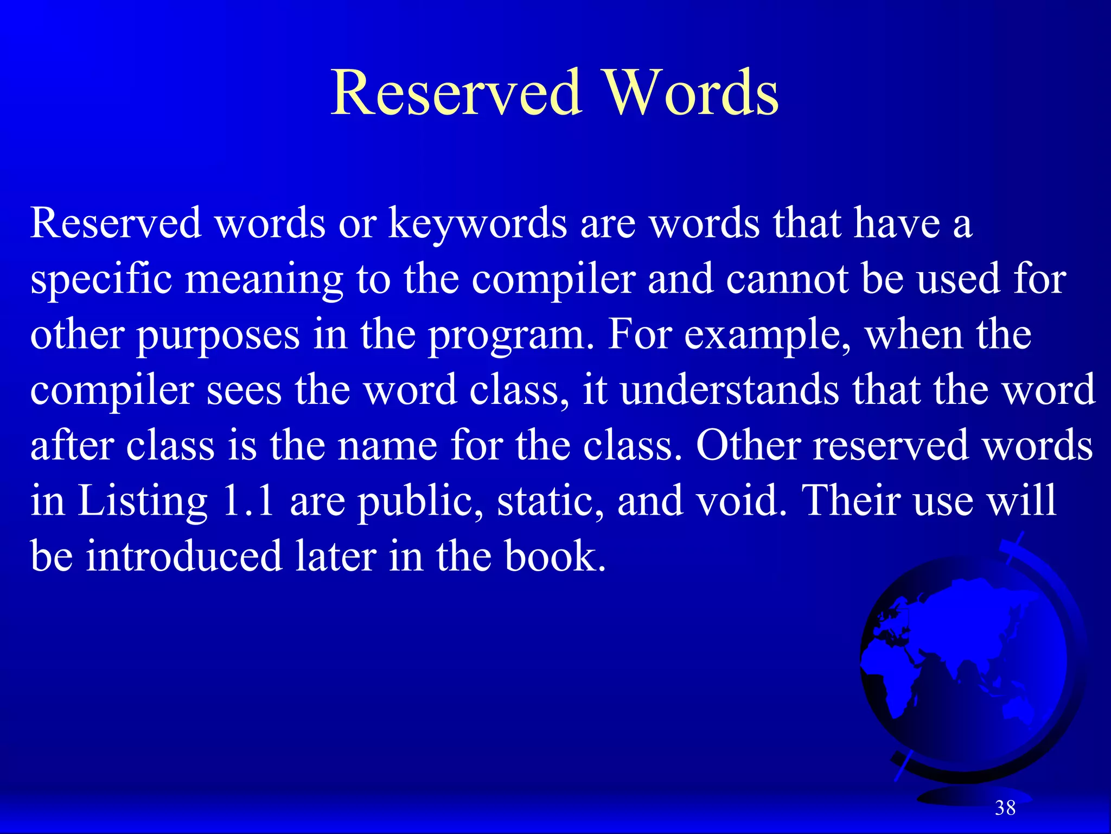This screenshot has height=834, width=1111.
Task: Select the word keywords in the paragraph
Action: [x=477, y=224]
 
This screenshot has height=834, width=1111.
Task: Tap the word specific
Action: [x=101, y=280]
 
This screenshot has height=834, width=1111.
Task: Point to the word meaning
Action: [x=265, y=280]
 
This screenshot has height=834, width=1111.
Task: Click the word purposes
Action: [x=218, y=336]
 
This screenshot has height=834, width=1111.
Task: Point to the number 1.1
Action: [x=248, y=501]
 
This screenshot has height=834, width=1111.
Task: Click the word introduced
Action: [x=184, y=556]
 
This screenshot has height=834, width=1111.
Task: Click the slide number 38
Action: [x=1005, y=808]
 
